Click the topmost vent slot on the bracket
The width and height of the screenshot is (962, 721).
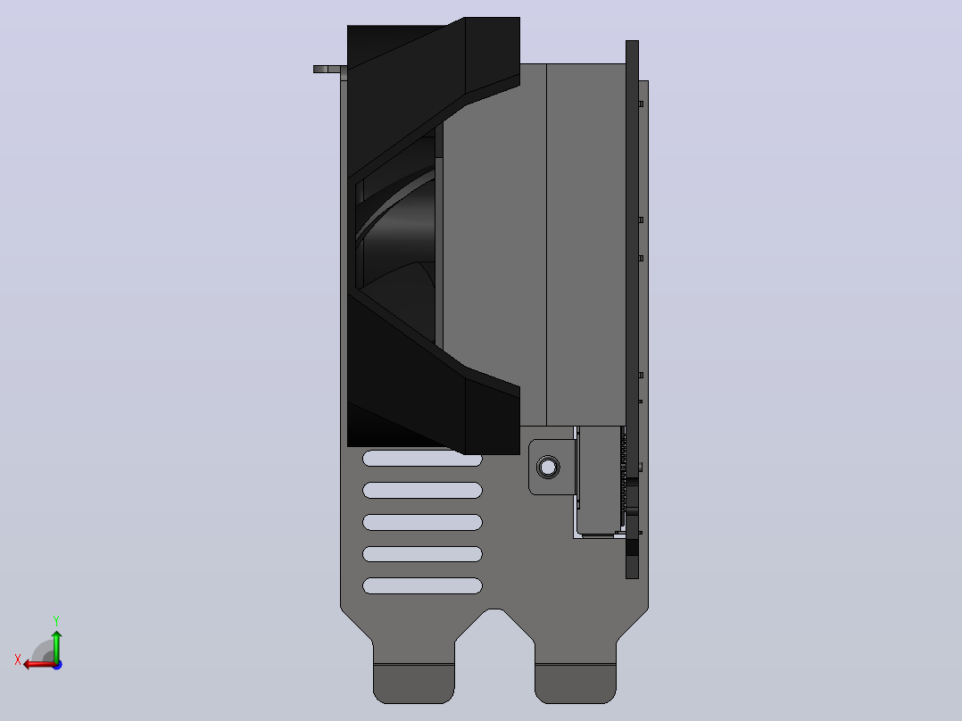coord(422,459)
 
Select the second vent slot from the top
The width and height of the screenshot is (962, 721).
coord(422,490)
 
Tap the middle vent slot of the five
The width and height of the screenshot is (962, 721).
coord(422,522)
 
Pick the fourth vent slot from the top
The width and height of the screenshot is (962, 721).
coord(422,554)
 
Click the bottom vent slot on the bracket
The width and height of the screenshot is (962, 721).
coord(422,586)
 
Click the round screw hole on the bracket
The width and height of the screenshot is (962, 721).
coord(548,468)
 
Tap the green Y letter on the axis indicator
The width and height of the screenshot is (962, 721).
coord(56,621)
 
